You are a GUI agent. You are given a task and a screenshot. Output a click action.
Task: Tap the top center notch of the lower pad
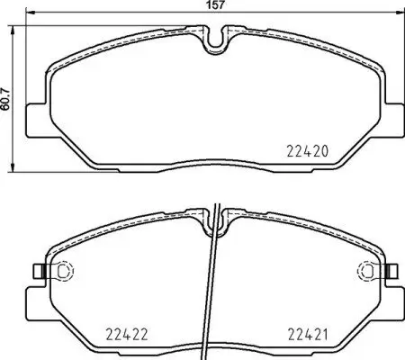click(x=215, y=215)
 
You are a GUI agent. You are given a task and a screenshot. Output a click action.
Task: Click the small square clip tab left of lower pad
click(x=35, y=270)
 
